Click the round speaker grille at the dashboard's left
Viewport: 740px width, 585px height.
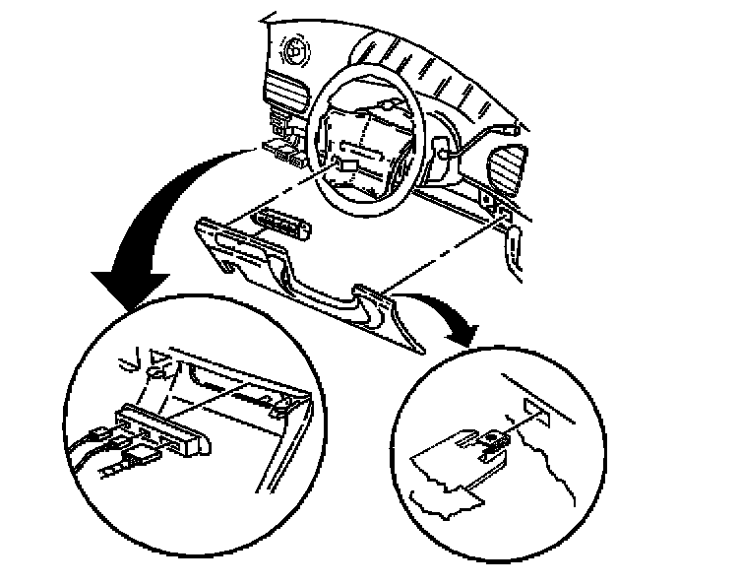click(291, 48)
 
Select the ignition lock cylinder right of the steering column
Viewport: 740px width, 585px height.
click(442, 153)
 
